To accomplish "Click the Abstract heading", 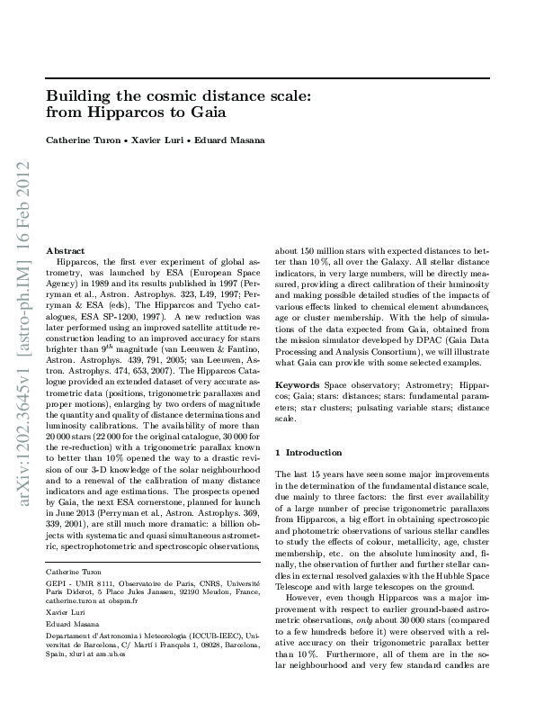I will (x=65, y=250).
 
